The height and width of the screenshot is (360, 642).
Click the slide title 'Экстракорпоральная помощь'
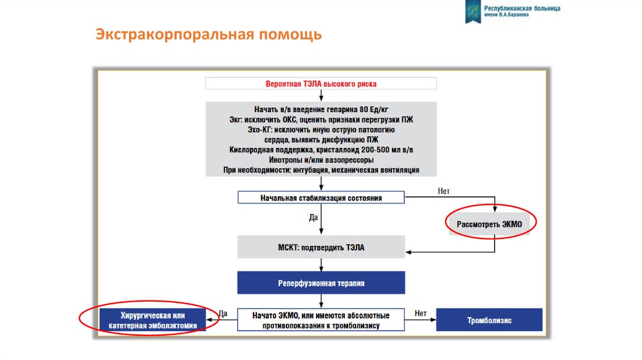[x=208, y=34]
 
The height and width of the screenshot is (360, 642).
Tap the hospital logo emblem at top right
[x=472, y=12]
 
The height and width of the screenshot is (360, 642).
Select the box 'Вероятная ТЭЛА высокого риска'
[x=321, y=83]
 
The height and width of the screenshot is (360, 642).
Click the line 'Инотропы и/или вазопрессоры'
[x=321, y=159]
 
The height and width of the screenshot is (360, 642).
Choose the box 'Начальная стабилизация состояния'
[x=321, y=198]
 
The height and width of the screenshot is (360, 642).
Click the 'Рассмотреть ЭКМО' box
[x=489, y=223]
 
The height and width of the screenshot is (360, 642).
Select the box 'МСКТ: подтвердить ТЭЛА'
[x=321, y=248]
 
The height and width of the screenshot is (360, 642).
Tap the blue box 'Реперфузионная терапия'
[x=321, y=283]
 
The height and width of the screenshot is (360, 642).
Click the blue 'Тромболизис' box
[x=489, y=320]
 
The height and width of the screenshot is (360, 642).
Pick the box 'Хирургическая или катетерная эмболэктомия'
[x=153, y=320]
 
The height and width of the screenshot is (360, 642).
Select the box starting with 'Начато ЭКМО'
[x=321, y=320]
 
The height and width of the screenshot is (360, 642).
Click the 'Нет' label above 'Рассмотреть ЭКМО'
[x=444, y=191]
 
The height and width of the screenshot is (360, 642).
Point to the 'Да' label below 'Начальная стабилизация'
[x=313, y=218]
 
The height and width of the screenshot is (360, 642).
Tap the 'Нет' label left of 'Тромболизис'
[x=420, y=313]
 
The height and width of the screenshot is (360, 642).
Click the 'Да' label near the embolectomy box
[x=223, y=313]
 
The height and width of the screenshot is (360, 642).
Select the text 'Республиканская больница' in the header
[x=522, y=9]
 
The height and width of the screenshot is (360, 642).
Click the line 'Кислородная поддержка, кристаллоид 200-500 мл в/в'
[x=321, y=149]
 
